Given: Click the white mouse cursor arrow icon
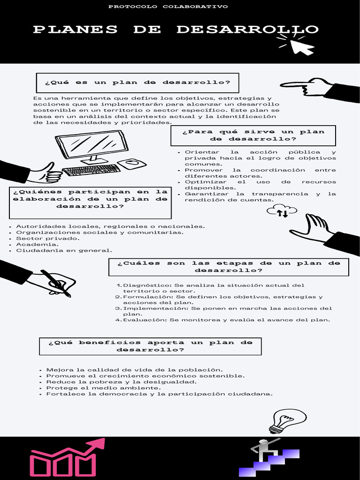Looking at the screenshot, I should tap(301, 47).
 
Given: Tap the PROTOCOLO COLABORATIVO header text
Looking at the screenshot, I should tap(168, 7).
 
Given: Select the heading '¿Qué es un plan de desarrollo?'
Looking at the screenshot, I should tap(137, 82).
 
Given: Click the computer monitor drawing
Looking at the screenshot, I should tap(92, 146).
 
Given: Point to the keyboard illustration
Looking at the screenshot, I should tap(91, 170).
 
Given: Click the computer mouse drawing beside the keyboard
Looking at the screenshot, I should tap(132, 164).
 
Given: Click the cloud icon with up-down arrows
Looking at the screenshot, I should tap(282, 211).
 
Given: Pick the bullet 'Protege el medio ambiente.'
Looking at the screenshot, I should tap(103, 388).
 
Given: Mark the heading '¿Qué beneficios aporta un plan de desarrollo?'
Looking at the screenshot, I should tap(150, 346).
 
